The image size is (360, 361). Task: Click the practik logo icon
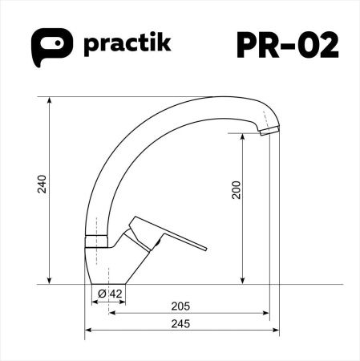point(49,46)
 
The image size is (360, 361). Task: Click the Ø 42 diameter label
point(110,294)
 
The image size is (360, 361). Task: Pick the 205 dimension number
point(180,306)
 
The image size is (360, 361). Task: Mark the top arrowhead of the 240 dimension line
point(51,99)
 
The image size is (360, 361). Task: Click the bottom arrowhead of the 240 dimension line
point(51,280)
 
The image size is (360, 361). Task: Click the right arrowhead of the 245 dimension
point(275,329)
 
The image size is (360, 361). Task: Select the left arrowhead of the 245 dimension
point(89,329)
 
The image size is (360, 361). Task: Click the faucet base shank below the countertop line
point(100,293)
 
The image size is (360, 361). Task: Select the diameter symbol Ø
point(103,294)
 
